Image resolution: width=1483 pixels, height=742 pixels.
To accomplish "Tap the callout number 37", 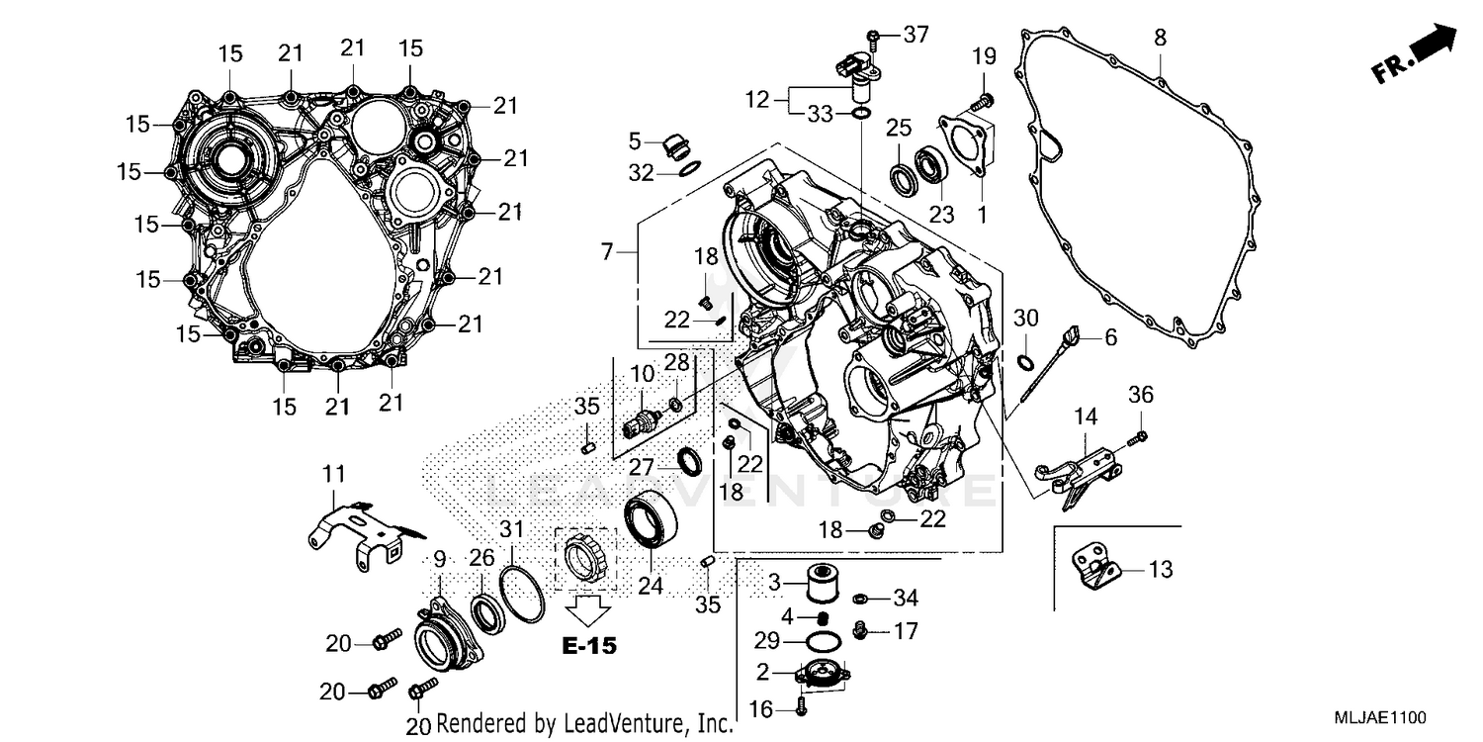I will point(916,36).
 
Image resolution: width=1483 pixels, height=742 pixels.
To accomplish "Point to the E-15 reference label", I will point(588,646).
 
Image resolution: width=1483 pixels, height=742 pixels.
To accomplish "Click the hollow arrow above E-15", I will point(588,608).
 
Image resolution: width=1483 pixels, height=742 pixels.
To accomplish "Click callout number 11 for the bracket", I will point(333,475).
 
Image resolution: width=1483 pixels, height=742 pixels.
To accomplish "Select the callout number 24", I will point(649,586).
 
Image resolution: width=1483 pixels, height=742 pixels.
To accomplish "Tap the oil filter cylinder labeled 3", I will point(819,582).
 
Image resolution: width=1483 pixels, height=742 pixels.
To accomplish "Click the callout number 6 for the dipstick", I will point(1110,337).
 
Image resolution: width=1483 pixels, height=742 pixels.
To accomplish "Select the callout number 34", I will point(906,598).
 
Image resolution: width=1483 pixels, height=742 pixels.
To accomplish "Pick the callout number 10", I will point(643,374).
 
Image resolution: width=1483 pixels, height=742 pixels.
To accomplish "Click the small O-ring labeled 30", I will point(1025,359).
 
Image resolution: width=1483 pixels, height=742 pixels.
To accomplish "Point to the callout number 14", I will point(1087,417).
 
